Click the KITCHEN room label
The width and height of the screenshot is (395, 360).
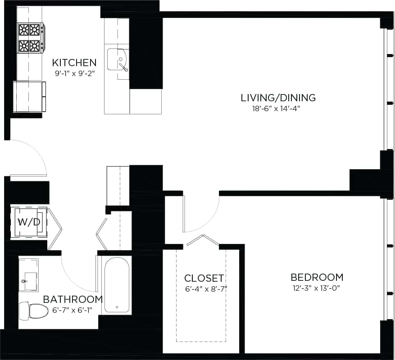click(x=74, y=62)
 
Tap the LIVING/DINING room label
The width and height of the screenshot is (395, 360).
click(x=278, y=98)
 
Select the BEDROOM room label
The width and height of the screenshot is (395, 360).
click(x=317, y=277)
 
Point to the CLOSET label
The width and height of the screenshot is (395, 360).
click(x=204, y=278)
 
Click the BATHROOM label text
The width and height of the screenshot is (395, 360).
click(x=73, y=299)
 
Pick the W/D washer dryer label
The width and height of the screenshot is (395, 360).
click(x=29, y=222)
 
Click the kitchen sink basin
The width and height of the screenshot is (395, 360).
click(x=118, y=62)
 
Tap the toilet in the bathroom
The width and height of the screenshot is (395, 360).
click(x=35, y=310)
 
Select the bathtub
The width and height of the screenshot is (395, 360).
click(x=117, y=285)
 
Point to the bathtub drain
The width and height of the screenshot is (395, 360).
click(x=117, y=308)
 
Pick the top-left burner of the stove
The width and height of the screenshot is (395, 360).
click(x=23, y=30)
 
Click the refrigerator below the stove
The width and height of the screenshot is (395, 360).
click(x=29, y=96)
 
